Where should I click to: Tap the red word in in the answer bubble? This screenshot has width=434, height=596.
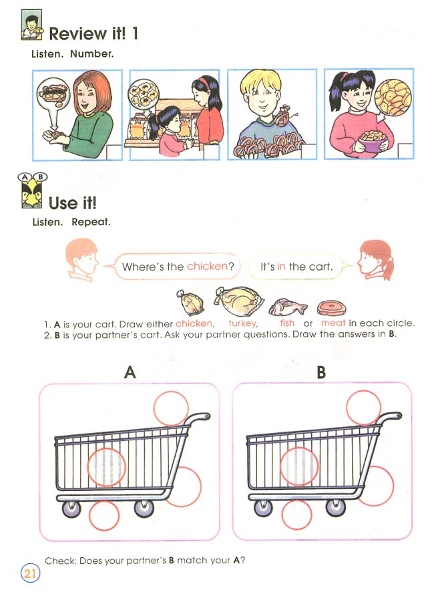282,267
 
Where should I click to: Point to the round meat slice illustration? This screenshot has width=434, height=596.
332,307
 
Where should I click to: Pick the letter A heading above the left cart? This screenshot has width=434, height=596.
130,372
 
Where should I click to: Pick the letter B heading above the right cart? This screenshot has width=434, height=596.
321,372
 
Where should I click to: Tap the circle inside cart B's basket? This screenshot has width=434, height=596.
298,466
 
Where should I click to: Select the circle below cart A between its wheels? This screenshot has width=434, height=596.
104,515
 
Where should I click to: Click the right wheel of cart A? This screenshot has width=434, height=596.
143,509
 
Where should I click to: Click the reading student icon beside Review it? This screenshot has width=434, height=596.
31,26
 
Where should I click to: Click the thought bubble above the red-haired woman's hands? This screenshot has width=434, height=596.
55,95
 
